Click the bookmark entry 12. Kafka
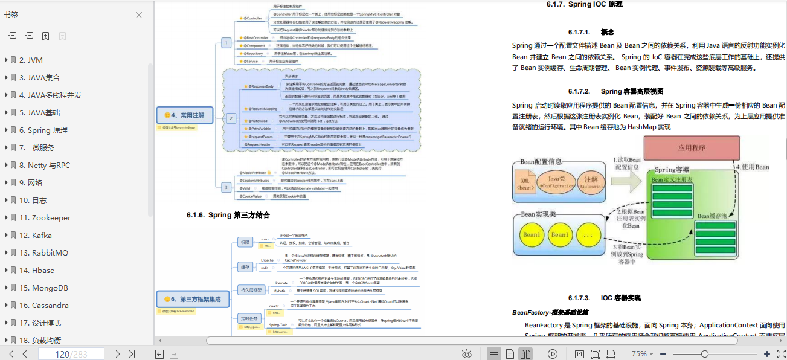point(36,235)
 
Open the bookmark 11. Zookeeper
point(45,217)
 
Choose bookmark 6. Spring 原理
point(43,130)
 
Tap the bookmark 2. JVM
point(31,60)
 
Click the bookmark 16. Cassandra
point(44,305)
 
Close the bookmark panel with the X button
point(139,15)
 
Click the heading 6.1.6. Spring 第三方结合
point(228,215)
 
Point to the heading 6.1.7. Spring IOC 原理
point(584,4)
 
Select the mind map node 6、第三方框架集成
point(189,298)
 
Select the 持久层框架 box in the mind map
point(251,289)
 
